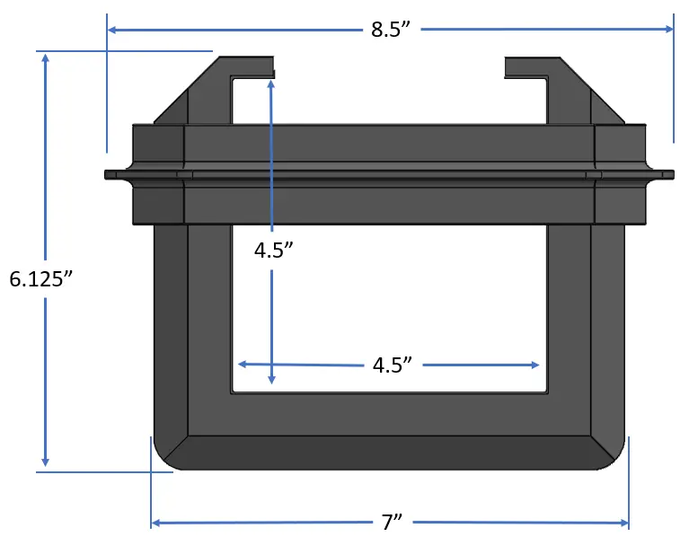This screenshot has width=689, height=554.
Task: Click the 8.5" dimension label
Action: tap(391, 30)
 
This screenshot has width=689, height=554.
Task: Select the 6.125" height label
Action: tap(41, 279)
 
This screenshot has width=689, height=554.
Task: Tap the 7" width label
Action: tap(392, 523)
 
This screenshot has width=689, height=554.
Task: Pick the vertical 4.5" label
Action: tap(273, 251)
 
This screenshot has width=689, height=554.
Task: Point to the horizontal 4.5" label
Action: tap(393, 365)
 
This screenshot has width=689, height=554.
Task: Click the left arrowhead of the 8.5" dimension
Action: tap(111, 30)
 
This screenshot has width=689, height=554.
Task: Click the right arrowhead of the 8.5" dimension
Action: tap(669, 29)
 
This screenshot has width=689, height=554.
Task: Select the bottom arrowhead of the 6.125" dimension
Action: tap(45, 462)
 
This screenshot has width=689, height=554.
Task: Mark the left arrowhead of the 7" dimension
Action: tap(155, 523)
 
